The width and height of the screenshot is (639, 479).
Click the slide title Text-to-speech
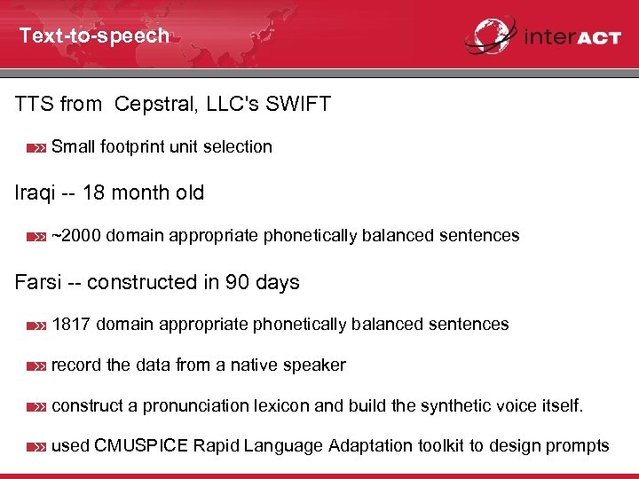[x=94, y=35]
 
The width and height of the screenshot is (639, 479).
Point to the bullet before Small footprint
[x=35, y=148]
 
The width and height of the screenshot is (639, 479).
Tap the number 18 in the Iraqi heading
[x=93, y=192]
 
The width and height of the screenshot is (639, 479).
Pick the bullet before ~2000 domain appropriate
[x=35, y=237]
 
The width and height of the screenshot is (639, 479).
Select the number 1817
[x=71, y=325]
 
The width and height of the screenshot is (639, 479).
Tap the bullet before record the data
[x=35, y=366]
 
